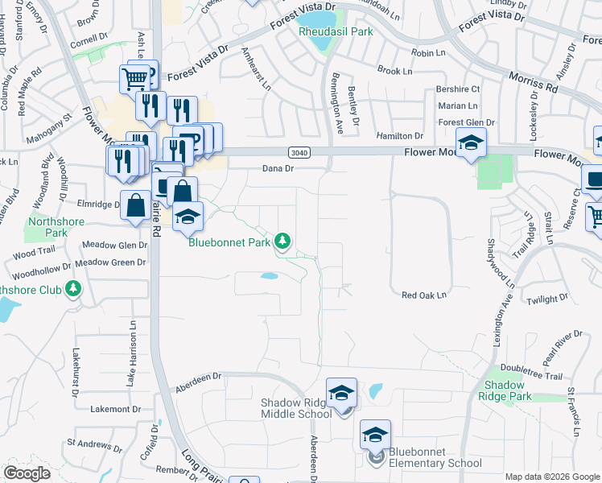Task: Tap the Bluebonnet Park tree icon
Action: click(282, 241)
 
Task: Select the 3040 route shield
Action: click(298, 152)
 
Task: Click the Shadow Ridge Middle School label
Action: click(295, 408)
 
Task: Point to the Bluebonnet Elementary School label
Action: click(435, 457)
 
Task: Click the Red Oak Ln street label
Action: click(424, 295)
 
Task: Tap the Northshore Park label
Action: click(56, 227)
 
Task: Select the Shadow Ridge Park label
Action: click(505, 390)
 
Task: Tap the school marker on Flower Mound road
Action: click(471, 143)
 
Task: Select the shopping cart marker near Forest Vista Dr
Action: click(135, 78)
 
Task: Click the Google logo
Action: click(27, 473)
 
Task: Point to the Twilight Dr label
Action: click(548, 299)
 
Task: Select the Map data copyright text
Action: click(551, 477)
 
